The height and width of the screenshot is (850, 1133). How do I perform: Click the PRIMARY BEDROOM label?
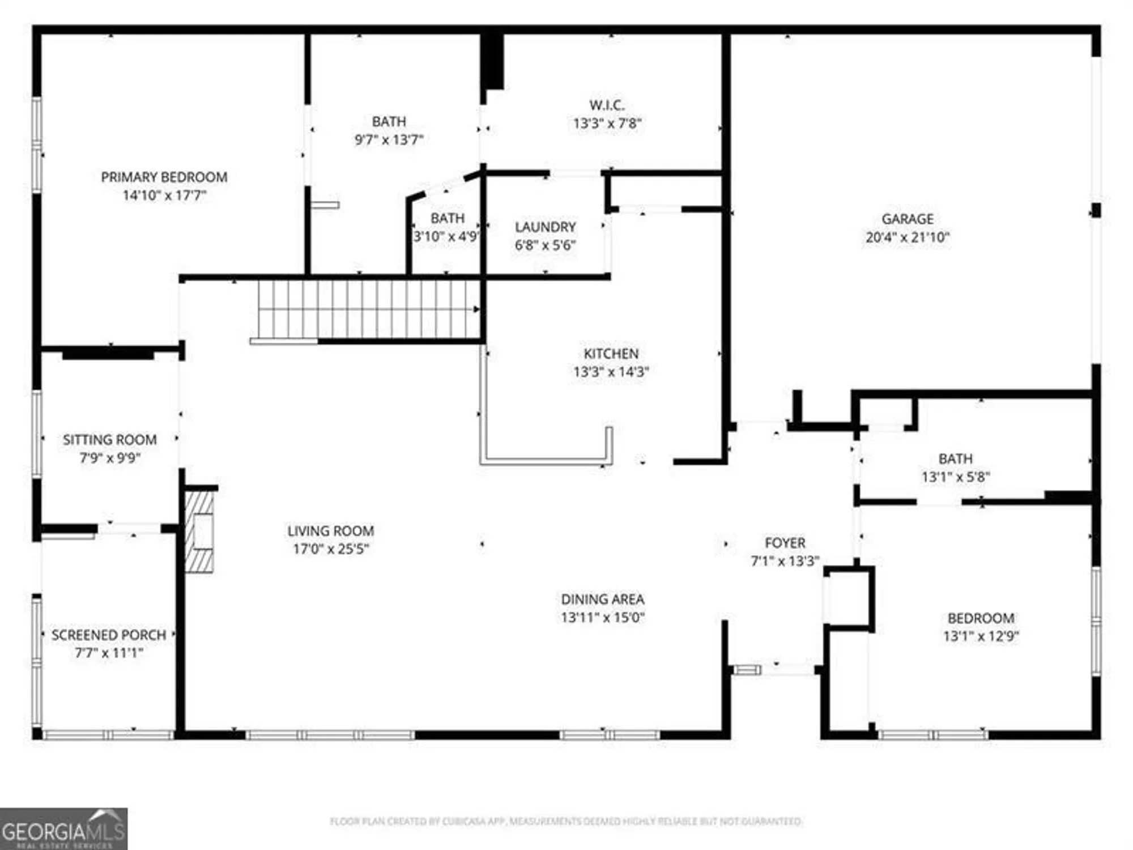164,177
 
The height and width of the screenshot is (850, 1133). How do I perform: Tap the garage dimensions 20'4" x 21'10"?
907,237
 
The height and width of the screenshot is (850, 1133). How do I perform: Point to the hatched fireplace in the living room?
199,532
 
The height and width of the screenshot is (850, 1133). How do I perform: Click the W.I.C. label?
607,105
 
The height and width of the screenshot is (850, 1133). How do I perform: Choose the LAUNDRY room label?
545,227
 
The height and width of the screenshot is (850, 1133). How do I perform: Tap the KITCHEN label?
611,354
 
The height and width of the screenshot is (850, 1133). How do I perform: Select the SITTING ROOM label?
109,440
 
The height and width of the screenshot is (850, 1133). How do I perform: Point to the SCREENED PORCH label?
109,635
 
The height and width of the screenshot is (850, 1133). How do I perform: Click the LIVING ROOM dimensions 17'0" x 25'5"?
331,549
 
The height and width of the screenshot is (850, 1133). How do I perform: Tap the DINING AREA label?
602,600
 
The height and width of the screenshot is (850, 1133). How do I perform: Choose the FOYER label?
785,543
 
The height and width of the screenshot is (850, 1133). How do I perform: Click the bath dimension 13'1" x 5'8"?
955,477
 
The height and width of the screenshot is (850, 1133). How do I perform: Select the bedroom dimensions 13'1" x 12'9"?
981,636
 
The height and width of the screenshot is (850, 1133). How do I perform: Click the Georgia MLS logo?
63,828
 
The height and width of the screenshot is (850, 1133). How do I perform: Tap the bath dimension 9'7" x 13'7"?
389,140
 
